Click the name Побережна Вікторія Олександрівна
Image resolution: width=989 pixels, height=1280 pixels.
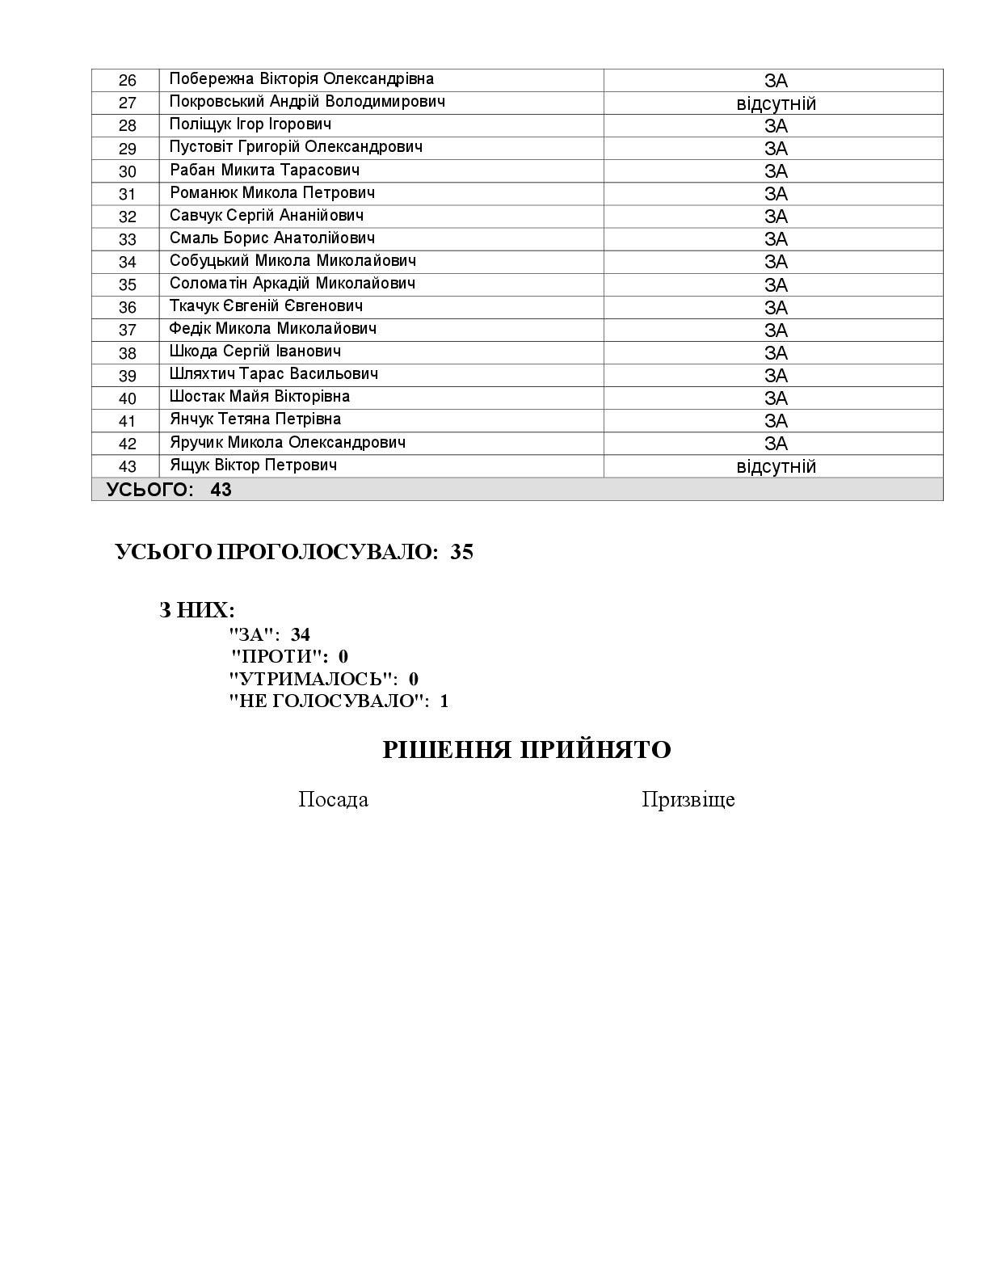point(301,79)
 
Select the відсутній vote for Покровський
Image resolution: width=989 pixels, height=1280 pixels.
point(776,103)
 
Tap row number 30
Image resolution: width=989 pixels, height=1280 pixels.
point(128,171)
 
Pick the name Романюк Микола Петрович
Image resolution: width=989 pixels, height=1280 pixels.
point(272,193)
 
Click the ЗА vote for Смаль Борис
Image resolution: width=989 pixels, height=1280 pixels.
point(776,239)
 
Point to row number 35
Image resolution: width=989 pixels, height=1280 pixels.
point(128,284)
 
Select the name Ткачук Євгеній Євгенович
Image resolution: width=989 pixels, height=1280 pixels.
point(266,306)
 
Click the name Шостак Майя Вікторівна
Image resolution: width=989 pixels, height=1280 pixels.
point(259,397)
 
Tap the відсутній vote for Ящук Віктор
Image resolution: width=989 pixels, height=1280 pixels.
point(776,466)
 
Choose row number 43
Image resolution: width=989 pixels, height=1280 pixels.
point(128,466)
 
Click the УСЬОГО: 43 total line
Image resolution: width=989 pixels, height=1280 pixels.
point(169,490)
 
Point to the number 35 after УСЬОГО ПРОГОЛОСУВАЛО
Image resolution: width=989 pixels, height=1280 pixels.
point(461,552)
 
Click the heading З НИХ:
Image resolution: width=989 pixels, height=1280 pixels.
point(196,610)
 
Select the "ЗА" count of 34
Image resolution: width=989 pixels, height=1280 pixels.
point(300,634)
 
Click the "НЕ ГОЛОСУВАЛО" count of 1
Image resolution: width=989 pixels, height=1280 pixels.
point(444,701)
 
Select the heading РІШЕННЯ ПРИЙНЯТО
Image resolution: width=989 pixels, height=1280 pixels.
point(526,750)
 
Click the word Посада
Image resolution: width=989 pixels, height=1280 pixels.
point(333,799)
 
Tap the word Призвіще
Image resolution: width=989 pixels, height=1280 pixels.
point(688,799)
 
